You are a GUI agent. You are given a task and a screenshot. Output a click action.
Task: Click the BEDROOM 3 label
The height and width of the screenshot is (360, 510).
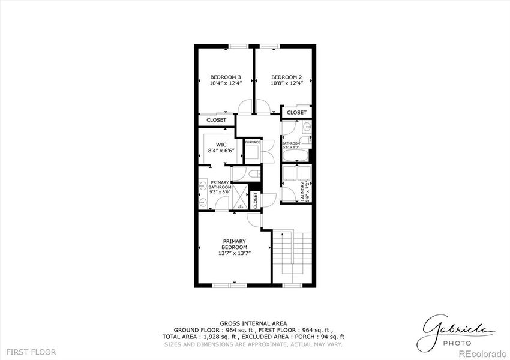point(226,77)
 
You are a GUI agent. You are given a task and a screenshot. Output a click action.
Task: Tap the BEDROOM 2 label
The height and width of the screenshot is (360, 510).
point(286,77)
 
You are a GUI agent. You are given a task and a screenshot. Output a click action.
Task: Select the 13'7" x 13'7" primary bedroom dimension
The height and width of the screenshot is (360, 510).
point(234,254)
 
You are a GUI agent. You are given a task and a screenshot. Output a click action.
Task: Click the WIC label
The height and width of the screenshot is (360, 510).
point(221,145)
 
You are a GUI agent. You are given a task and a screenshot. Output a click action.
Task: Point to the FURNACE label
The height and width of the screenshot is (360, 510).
point(252,142)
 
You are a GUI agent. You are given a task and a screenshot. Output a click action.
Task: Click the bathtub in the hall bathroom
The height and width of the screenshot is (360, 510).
point(295,155)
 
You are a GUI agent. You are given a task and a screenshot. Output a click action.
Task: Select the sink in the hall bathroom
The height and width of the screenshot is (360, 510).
point(306,127)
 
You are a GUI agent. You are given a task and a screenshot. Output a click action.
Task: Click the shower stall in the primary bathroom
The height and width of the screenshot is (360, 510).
point(241,196)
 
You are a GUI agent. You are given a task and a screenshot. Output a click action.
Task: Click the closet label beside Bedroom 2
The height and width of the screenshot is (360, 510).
point(296,112)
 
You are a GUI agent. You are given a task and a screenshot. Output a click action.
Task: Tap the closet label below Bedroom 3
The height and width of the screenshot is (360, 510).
point(217,120)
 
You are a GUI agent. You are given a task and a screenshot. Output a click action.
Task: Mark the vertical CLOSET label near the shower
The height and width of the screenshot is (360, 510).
point(255,200)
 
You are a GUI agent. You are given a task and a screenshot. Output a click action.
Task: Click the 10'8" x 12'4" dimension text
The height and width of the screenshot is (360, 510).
point(286,83)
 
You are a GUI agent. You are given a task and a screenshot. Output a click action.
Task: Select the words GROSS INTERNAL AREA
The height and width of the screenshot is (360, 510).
point(253,323)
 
